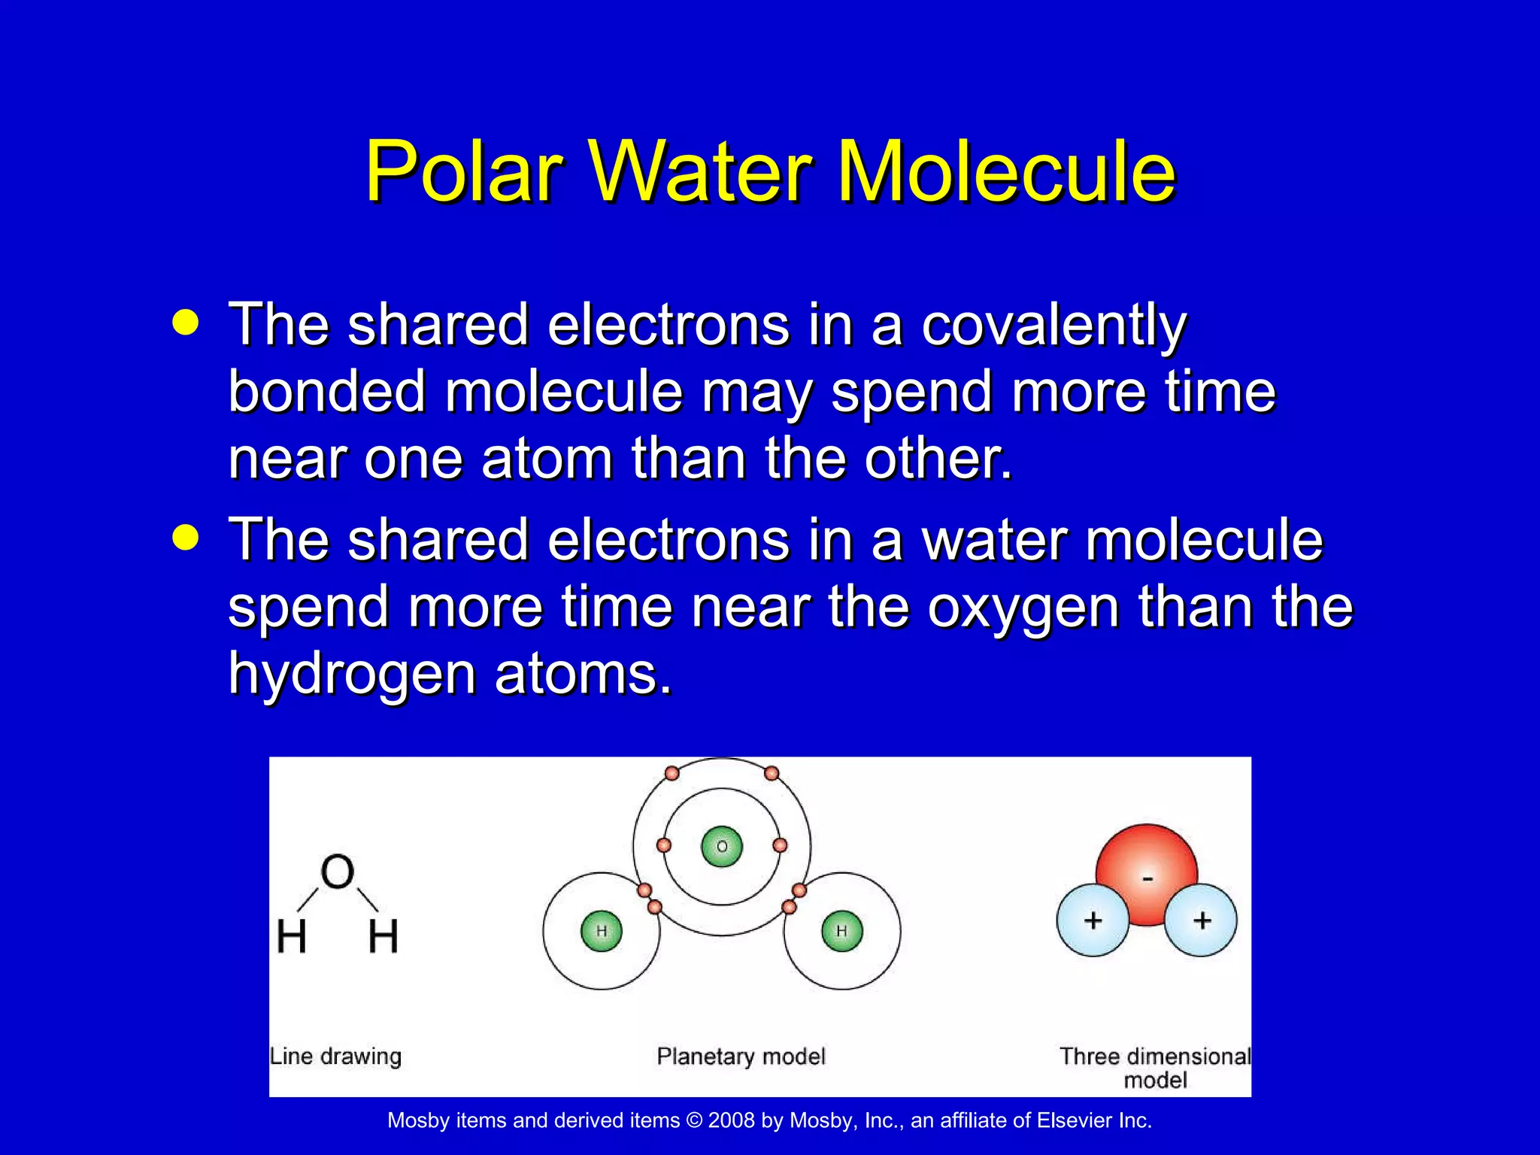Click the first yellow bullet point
[185, 323]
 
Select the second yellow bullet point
[185, 538]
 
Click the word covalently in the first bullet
[1053, 327]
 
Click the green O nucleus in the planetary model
[722, 847]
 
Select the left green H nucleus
[602, 931]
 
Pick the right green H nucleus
[841, 931]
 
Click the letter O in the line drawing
[337, 872]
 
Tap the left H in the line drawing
[292, 937]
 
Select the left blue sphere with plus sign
[1093, 920]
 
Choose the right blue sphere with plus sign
[1201, 920]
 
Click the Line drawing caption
[335, 1056]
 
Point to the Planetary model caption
[741, 1056]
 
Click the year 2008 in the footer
[731, 1120]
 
